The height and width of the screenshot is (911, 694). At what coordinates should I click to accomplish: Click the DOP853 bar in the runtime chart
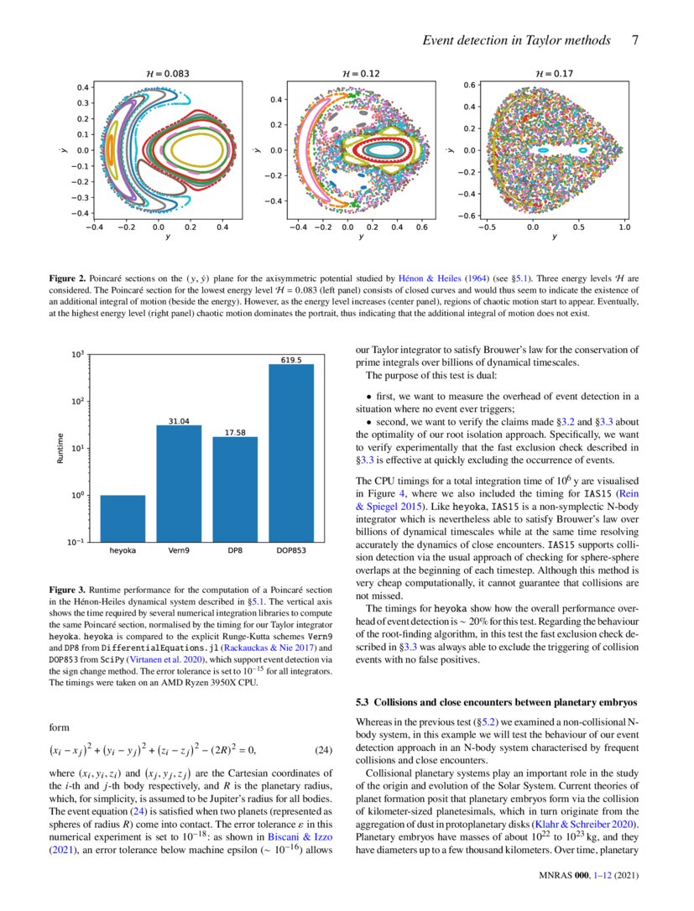(x=292, y=453)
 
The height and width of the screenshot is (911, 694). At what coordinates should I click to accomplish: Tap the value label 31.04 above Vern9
(x=179, y=420)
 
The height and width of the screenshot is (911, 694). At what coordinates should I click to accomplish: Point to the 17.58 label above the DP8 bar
(x=235, y=432)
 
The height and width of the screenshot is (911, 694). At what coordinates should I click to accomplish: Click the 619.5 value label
(x=291, y=360)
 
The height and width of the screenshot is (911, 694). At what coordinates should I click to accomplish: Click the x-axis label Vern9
(x=179, y=553)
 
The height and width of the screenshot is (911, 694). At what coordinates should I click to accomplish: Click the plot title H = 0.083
(x=166, y=74)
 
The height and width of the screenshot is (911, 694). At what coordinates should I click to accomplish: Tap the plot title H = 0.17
(x=556, y=74)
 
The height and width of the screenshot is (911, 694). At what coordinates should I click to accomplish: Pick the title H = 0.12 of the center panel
(x=361, y=74)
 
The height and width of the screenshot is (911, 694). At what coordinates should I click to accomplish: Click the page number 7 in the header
(x=635, y=39)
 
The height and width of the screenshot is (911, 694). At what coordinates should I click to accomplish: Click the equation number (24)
(x=325, y=749)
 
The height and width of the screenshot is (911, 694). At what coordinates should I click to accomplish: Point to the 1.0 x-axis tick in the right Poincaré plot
(x=624, y=226)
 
